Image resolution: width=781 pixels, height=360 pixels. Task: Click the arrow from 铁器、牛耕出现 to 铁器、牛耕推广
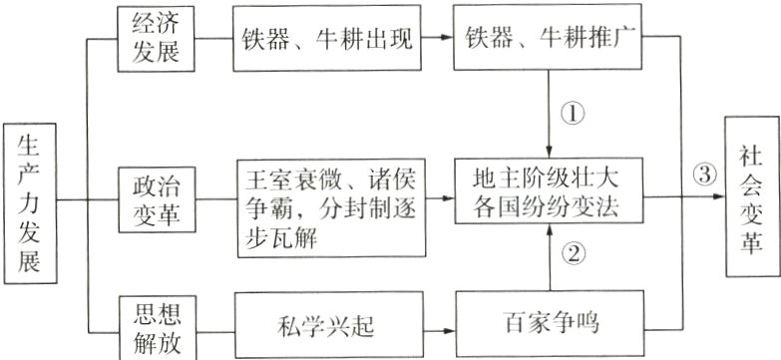pyautogui.click(x=439, y=39)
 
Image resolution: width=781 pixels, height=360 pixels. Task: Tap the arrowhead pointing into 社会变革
pyautogui.click(x=719, y=197)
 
